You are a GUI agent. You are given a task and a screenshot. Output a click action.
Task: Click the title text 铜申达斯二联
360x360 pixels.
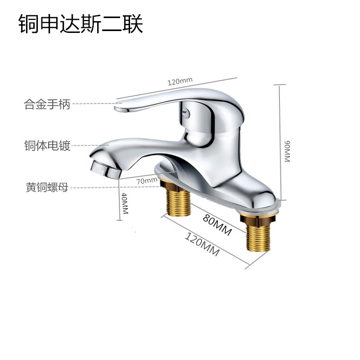[x=81, y=25]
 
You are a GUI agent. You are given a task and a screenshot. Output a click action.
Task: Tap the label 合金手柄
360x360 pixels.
[x=47, y=105]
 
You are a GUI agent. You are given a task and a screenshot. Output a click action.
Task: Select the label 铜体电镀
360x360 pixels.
[x=47, y=146]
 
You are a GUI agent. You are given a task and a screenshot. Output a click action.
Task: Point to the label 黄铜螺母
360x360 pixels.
[x=47, y=187]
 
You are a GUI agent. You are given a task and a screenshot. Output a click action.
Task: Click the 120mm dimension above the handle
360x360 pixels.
[x=180, y=82]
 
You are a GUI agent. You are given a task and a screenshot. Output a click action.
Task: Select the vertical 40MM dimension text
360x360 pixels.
[x=125, y=203]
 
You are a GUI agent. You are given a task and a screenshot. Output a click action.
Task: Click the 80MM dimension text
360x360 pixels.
[x=217, y=225]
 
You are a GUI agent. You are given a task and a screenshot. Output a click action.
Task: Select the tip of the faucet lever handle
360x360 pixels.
[x=121, y=108]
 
